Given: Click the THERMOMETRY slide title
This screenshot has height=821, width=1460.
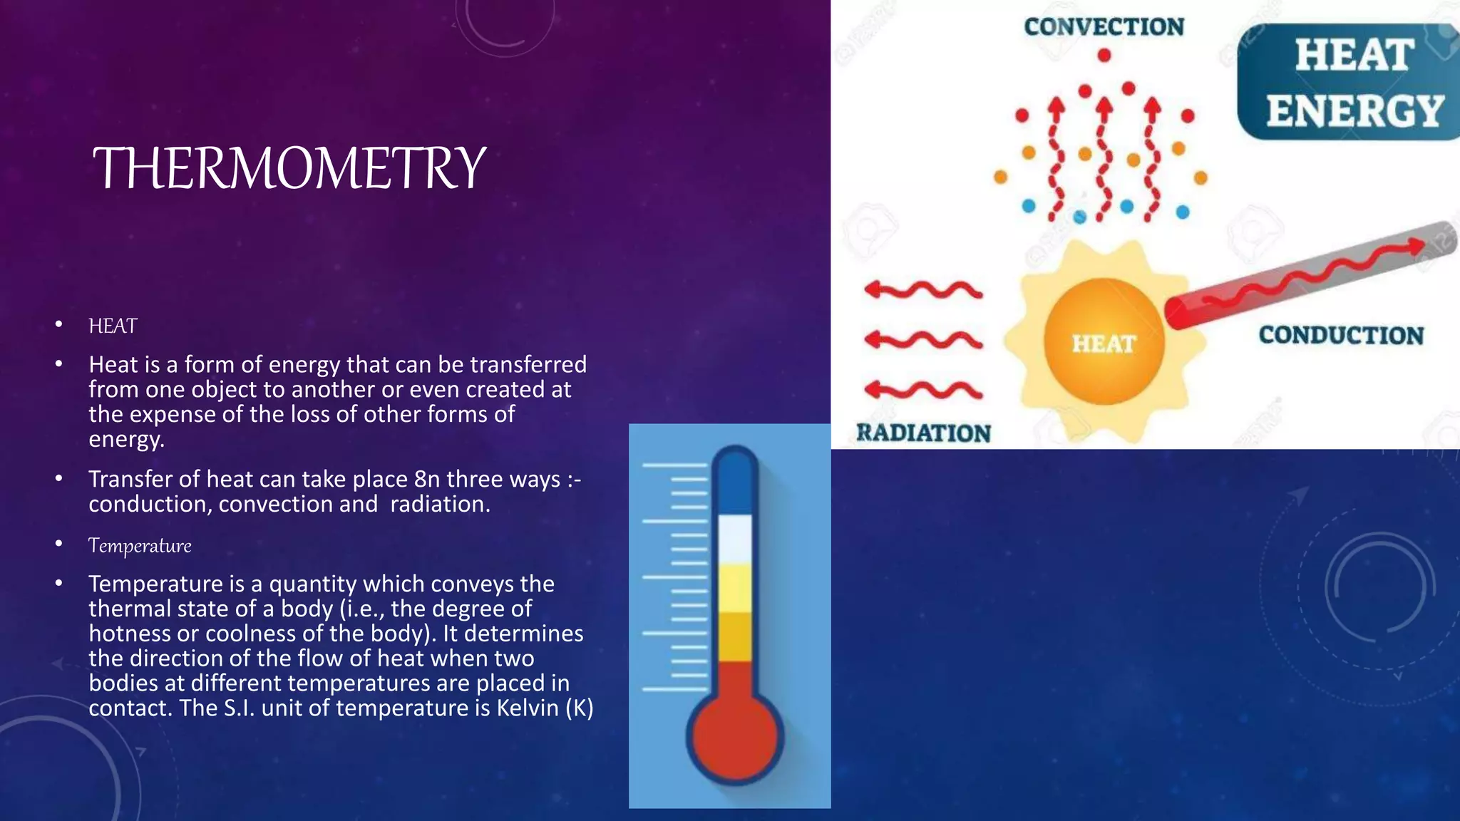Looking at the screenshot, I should (289, 168).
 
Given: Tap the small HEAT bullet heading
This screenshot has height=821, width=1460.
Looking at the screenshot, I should (113, 326).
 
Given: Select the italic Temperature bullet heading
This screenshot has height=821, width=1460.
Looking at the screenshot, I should (140, 546).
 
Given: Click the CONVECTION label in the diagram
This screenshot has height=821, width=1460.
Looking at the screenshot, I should (1104, 27).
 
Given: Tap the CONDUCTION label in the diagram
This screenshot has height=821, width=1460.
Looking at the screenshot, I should (1340, 335).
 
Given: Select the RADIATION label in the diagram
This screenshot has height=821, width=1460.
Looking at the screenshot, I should (923, 433).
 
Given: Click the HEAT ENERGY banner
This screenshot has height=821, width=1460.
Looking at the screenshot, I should (1353, 83).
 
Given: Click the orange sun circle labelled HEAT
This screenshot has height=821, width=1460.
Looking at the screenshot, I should (1103, 342).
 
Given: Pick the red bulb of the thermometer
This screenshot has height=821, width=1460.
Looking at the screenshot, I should (734, 738).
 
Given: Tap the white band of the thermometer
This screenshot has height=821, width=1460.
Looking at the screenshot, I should (734, 538).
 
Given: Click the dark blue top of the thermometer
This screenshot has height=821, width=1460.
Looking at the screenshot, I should (734, 481).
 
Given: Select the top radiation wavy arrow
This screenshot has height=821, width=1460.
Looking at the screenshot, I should (923, 290).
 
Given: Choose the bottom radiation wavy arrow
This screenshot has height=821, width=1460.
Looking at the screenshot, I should (923, 390).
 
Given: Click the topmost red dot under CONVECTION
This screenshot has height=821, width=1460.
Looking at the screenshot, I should (1104, 55).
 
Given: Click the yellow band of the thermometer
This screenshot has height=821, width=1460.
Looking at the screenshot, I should (734, 588).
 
